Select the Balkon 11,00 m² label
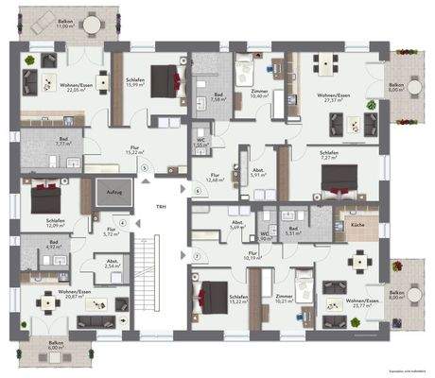point(64,26)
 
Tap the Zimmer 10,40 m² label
point(259,94)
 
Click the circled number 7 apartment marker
point(196,257)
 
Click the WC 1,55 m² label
point(203,146)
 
